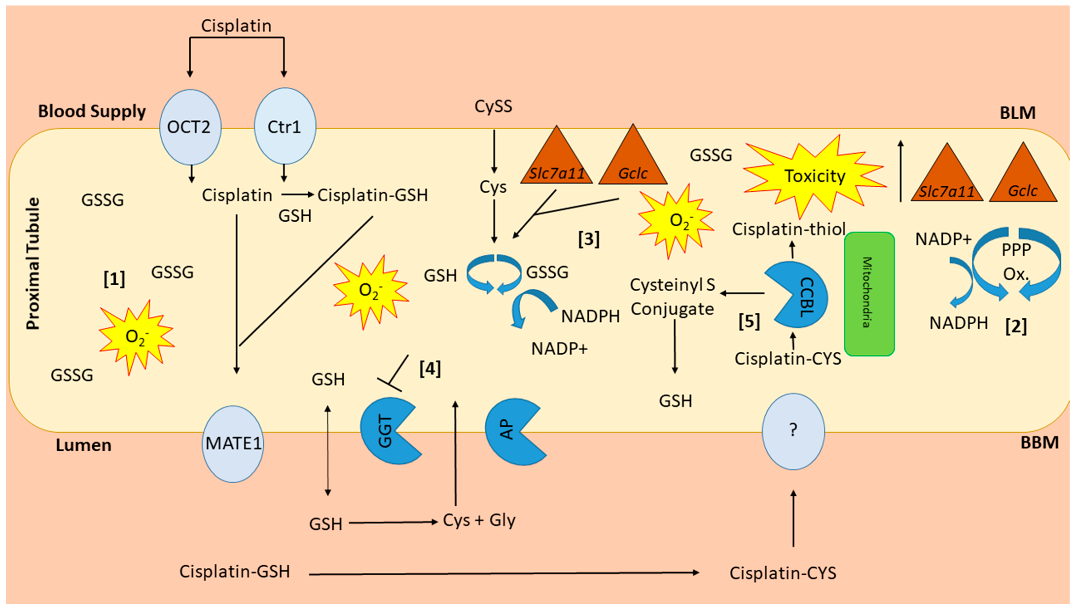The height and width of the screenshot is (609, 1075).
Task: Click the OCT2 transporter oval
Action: tap(191, 127)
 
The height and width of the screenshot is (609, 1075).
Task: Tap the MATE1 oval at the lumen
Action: tap(233, 443)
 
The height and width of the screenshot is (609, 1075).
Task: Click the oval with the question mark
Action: tap(793, 431)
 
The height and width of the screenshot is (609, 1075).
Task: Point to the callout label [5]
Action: tap(749, 321)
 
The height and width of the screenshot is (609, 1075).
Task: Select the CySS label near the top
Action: tap(493, 106)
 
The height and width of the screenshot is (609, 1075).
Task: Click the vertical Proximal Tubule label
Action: tap(33, 263)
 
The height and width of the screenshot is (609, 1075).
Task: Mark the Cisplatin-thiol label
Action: tap(789, 229)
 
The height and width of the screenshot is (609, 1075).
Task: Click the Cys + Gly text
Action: tap(479, 520)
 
